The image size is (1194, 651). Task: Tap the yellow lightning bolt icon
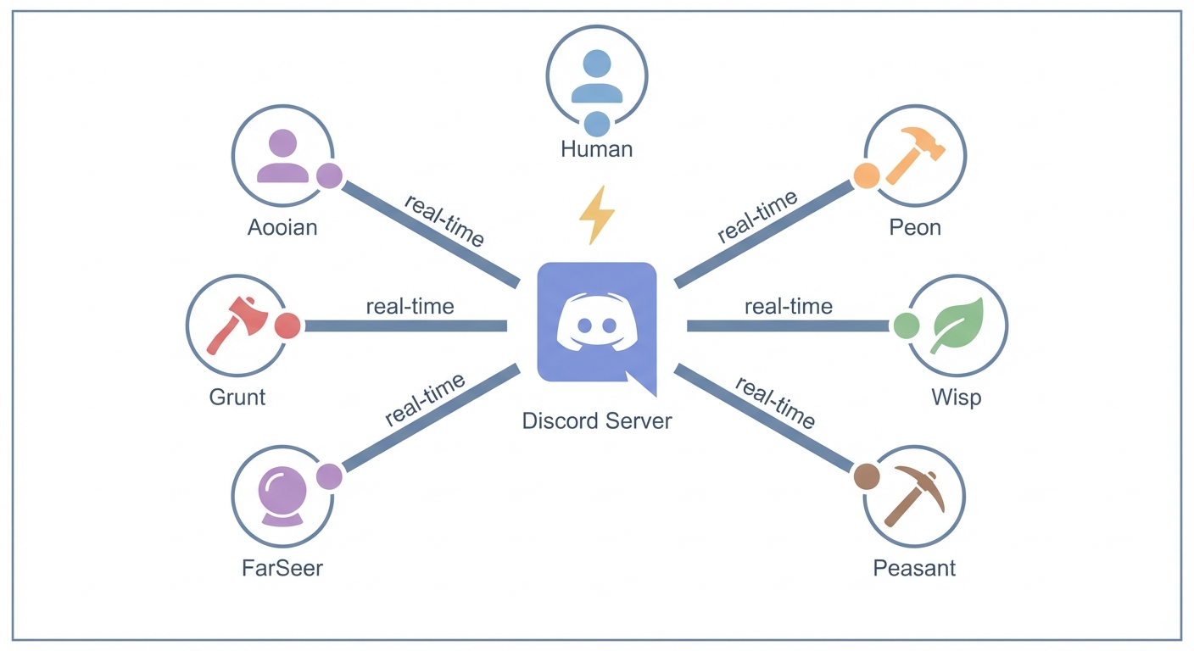click(596, 215)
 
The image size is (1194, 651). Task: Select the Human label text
click(596, 149)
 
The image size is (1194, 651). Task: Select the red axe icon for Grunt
click(237, 325)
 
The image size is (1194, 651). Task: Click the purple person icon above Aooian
click(282, 157)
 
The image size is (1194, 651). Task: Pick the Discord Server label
click(597, 420)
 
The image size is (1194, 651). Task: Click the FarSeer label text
click(282, 567)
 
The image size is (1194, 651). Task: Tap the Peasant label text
click(914, 567)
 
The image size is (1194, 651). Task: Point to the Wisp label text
click(956, 396)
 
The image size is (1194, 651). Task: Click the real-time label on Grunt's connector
click(410, 306)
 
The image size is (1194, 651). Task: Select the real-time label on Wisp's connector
click(788, 306)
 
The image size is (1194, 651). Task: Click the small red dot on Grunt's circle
click(287, 325)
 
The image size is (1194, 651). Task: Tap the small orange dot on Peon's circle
click(866, 175)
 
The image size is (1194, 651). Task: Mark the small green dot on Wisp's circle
click(906, 325)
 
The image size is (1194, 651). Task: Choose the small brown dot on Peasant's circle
click(866, 476)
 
